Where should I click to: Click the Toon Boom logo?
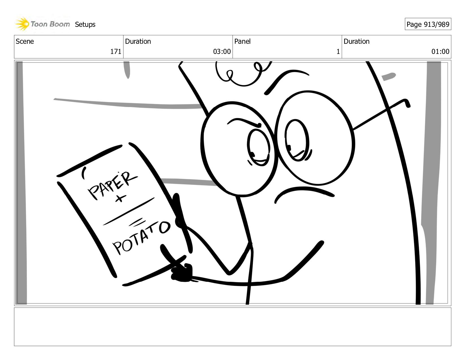pos(42,24)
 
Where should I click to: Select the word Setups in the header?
pos(85,25)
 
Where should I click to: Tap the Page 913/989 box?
pos(428,24)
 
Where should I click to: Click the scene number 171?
pos(116,52)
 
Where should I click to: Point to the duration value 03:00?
pos(222,52)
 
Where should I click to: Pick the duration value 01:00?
pos(440,52)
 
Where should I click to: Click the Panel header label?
pos(242,42)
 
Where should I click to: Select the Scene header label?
pos(25,42)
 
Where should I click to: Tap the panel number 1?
pos(338,52)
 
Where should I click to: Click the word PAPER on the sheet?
pos(113,186)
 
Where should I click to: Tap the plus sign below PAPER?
pos(121,198)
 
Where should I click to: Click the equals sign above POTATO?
pos(136,222)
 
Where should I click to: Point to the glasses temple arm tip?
pos(409,105)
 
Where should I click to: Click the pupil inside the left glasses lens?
pos(252,154)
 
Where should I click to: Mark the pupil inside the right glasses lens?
pos(289,148)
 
